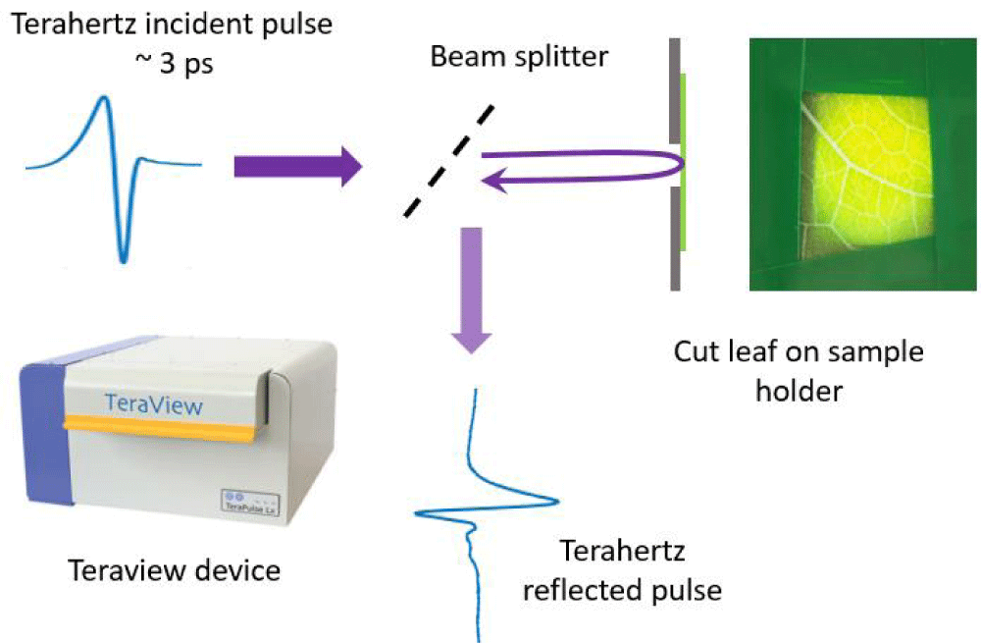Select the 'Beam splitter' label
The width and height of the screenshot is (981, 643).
click(520, 56)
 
